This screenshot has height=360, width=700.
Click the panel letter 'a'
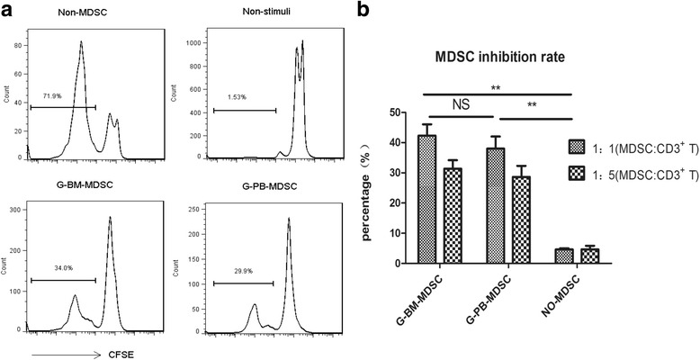(8, 11)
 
